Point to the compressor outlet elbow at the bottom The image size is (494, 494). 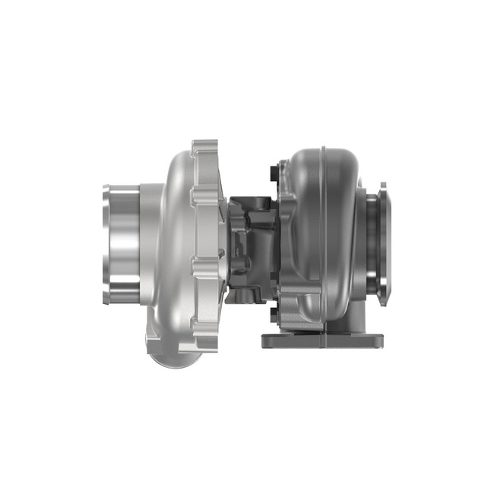[171, 350]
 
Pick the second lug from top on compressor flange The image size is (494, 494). [204, 199]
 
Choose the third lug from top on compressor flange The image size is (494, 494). [204, 266]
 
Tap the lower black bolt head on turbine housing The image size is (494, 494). [272, 312]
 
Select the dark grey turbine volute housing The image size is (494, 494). [319, 228]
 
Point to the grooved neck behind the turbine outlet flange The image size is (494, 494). [369, 236]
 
